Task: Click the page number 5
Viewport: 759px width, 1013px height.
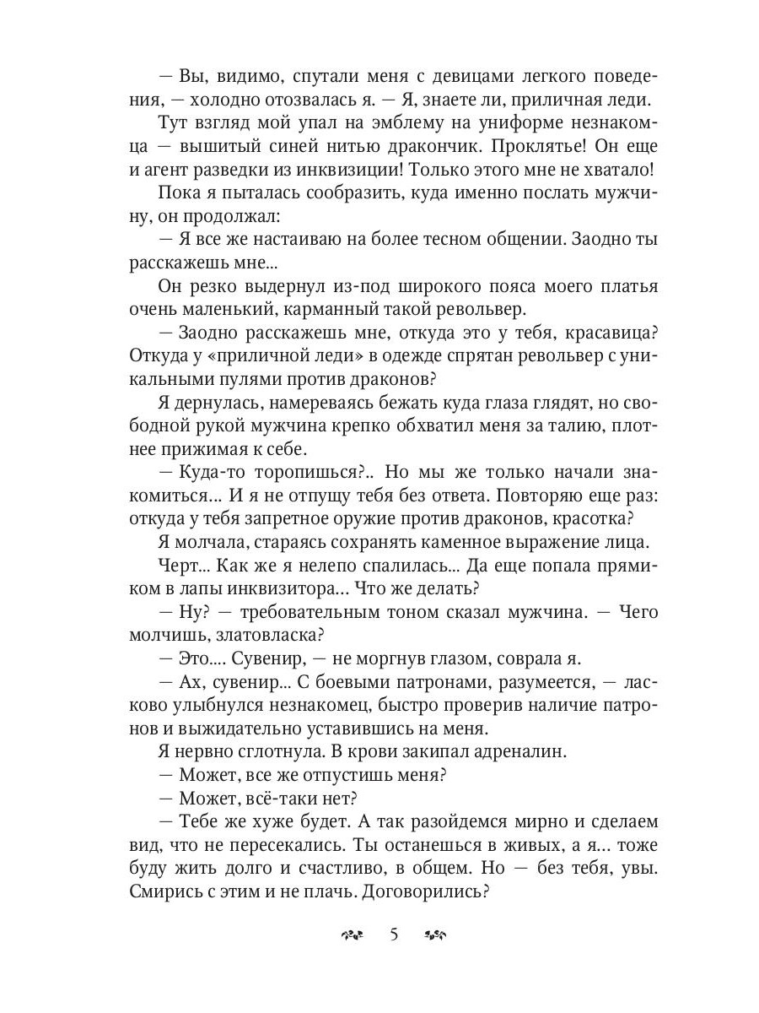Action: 394,934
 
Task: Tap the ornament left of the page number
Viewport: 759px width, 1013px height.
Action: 352,935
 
